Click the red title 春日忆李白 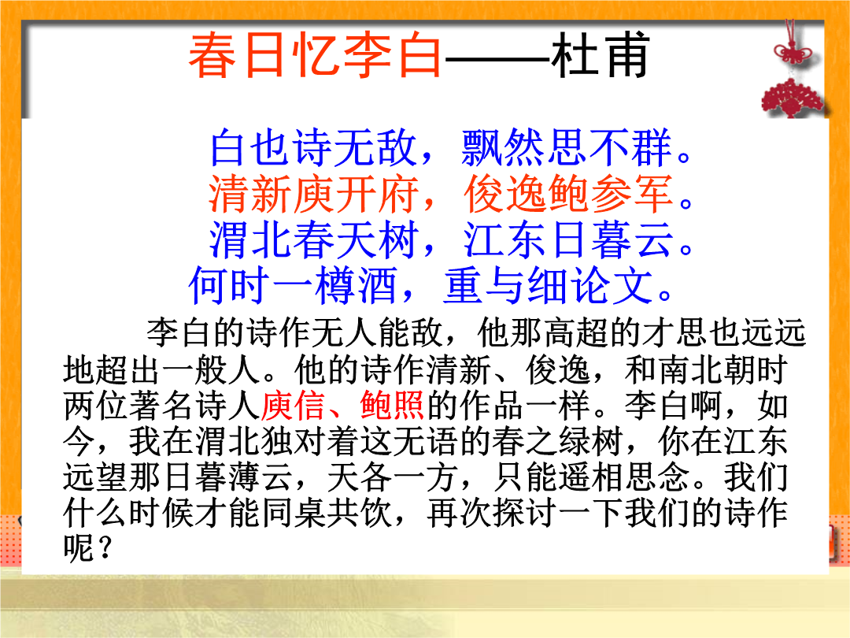pyautogui.click(x=316, y=55)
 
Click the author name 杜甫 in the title pyautogui.click(x=600, y=55)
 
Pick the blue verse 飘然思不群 pyautogui.click(x=567, y=147)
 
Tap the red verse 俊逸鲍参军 pyautogui.click(x=568, y=194)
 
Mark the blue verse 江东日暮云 pyautogui.click(x=568, y=239)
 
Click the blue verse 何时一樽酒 pyautogui.click(x=294, y=285)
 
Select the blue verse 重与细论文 pyautogui.click(x=548, y=285)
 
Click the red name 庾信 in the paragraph pyautogui.click(x=294, y=406)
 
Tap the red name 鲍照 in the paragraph pyautogui.click(x=392, y=406)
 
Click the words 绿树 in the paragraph pyautogui.click(x=589, y=441)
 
